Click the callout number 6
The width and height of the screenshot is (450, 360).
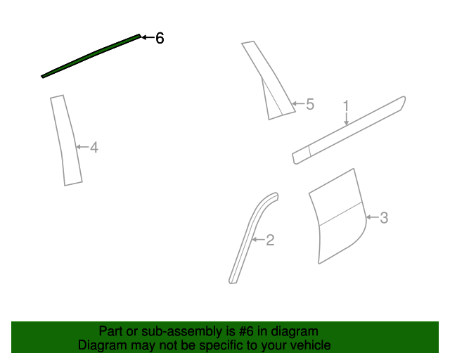pos(160,38)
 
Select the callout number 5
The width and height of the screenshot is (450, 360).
pos(310,104)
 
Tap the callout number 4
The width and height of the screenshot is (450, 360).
pos(94,148)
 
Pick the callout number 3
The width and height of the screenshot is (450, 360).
pos(384,218)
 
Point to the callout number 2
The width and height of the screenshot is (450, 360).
pos(270,240)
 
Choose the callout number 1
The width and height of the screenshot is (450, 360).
pos(346,106)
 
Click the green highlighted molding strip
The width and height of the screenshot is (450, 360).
pos(91,56)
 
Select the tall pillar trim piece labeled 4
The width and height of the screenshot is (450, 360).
pos(66,141)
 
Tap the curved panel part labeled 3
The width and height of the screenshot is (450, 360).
pos(337,216)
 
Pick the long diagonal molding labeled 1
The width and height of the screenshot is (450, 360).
pos(349,130)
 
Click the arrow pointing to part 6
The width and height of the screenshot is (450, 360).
pos(148,37)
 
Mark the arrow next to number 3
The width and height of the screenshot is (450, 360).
pos(373,217)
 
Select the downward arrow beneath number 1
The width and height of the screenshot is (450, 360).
pos(347,119)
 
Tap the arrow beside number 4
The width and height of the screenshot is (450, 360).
pos(83,147)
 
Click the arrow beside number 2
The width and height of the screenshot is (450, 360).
pos(259,240)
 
